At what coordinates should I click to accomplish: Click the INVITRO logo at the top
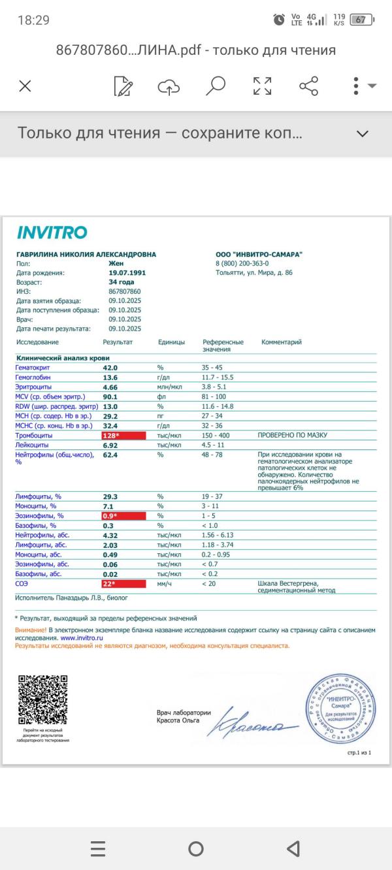tap(52, 233)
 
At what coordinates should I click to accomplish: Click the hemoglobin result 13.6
tap(110, 378)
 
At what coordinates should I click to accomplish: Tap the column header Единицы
tap(171, 342)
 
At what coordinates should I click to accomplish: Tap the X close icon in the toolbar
tap(25, 86)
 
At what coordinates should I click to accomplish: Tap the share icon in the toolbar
tap(308, 86)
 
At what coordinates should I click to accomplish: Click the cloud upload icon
tap(169, 86)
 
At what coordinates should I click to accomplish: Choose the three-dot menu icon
tap(356, 86)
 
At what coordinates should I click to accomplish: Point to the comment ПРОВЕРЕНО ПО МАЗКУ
tap(292, 435)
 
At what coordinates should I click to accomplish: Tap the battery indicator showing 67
tap(361, 20)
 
